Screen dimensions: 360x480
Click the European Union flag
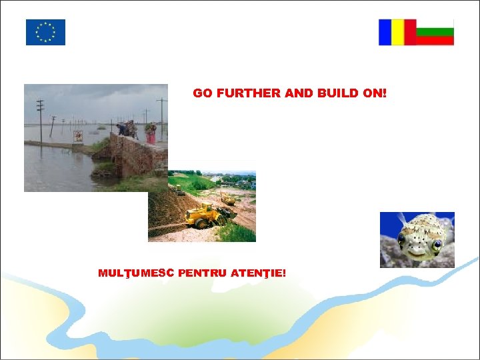45,32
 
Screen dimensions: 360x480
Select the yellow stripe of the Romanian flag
397,32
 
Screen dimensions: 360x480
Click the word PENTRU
203,273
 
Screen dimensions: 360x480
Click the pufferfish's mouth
417,251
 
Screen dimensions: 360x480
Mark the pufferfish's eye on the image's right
437,245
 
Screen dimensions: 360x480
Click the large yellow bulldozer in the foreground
203,216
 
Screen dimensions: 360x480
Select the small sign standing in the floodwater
78,136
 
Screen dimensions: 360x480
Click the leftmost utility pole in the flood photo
41,121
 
